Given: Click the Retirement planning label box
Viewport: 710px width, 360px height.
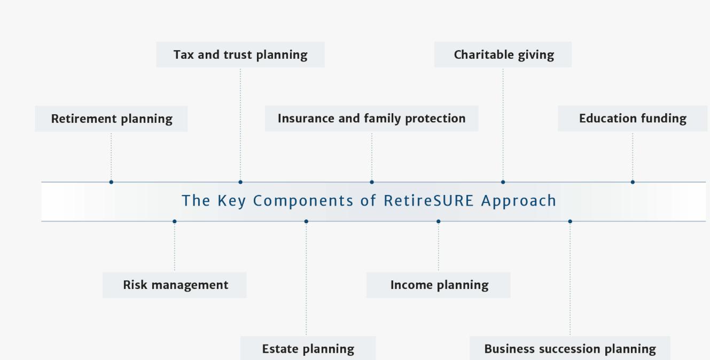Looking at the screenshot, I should (x=111, y=119).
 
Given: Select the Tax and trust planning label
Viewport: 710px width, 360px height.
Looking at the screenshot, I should (x=240, y=54).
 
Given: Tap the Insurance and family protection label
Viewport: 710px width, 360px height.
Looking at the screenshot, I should (x=371, y=119).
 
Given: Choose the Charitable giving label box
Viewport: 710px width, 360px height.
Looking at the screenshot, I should (x=503, y=54).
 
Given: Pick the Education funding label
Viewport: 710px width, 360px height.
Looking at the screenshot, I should (x=633, y=119).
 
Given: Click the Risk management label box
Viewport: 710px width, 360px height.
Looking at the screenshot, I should (x=175, y=285).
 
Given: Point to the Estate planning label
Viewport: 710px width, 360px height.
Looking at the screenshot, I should (x=308, y=349).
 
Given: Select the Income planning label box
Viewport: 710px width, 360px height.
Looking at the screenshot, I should (x=439, y=285).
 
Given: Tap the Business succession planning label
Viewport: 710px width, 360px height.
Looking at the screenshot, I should (x=569, y=349).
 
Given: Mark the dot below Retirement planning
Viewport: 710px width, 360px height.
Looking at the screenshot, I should (x=111, y=182).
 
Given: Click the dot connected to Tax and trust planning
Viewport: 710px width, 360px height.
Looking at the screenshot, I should (x=240, y=182).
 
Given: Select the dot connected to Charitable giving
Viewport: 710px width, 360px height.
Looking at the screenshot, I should (x=503, y=182).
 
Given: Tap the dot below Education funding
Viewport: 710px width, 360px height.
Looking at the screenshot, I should (x=633, y=182).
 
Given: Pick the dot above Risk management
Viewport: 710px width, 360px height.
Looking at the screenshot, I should (x=175, y=221).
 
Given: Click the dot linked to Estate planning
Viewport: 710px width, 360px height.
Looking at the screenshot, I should (x=306, y=221).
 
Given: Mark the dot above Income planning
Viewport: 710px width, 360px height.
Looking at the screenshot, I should (x=439, y=221).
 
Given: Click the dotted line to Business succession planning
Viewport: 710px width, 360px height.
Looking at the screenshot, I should (x=570, y=278).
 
